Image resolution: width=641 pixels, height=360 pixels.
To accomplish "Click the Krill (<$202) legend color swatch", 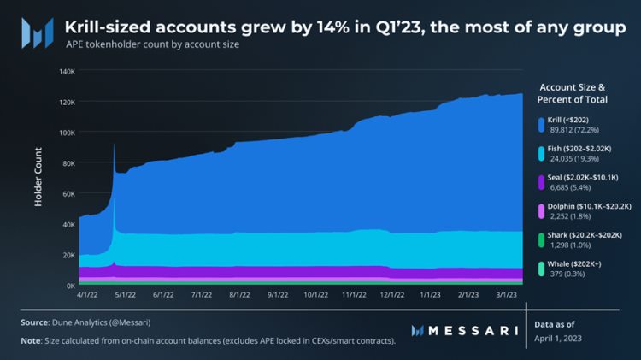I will coord(541,125).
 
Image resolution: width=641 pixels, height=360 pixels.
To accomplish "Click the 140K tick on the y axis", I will coord(67,71).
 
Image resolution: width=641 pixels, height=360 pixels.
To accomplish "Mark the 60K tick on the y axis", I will coord(68,193).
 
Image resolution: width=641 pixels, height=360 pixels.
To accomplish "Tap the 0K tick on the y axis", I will coord(70,285).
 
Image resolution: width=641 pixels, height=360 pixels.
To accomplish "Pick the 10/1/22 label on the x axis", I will coord(317,293).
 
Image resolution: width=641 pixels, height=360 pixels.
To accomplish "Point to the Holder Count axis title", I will coord(38,178).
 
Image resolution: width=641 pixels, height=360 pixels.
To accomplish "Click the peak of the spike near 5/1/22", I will coord(114,145).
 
